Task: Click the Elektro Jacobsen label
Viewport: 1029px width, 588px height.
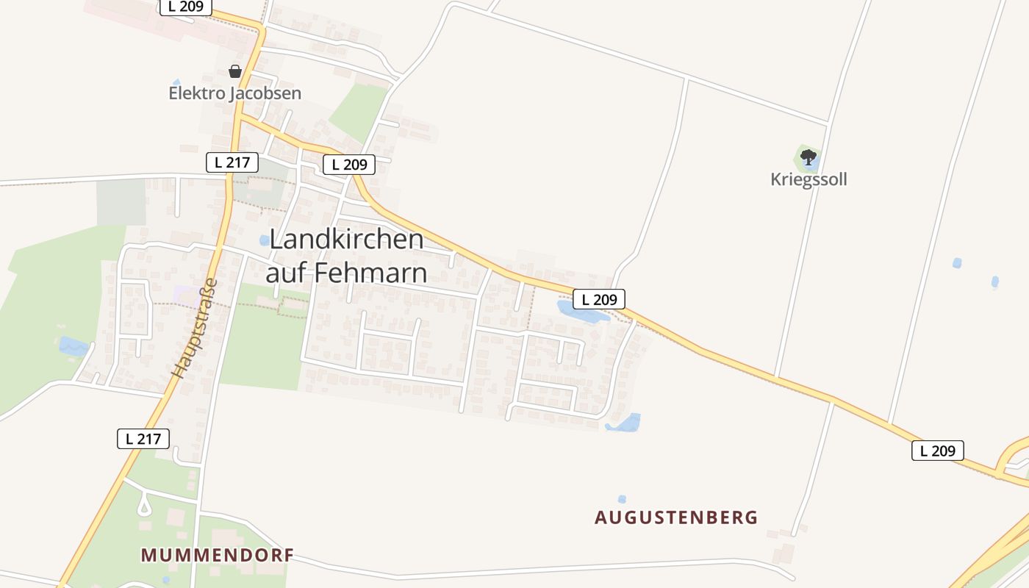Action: (235, 93)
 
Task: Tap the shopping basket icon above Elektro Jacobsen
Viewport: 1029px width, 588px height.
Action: (235, 71)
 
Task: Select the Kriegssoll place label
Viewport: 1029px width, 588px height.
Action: (808, 179)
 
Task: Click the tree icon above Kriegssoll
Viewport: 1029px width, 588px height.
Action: (808, 157)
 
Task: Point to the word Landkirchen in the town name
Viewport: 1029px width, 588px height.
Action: (347, 239)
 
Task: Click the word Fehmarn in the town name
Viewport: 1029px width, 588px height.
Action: (370, 273)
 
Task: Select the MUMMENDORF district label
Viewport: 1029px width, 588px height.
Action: (218, 555)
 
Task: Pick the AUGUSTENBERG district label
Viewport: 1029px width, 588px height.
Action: (676, 517)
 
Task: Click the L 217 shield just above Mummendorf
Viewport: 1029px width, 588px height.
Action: (143, 439)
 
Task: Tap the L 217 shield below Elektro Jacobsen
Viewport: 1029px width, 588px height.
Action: (232, 162)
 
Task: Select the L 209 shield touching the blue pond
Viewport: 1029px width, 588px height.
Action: (599, 299)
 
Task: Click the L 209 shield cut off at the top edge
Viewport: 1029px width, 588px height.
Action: (186, 7)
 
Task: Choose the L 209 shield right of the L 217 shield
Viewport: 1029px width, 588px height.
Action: (349, 165)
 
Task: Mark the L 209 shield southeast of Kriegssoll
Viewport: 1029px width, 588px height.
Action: (937, 451)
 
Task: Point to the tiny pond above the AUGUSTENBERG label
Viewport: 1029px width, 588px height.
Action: (623, 499)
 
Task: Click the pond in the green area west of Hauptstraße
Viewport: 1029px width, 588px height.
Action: (72, 346)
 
